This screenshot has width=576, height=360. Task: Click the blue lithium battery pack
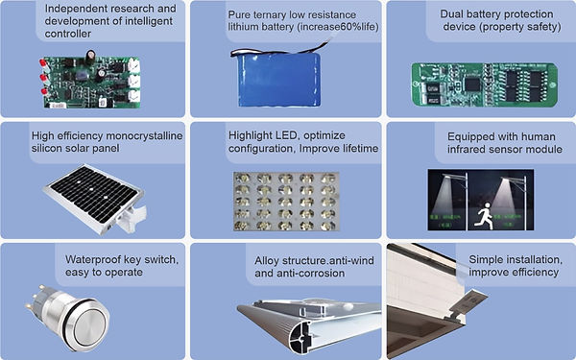(x=278, y=80)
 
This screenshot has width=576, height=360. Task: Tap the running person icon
(x=483, y=216)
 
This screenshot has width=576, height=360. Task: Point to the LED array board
(x=286, y=201)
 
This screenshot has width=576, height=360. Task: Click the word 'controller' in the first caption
(x=68, y=34)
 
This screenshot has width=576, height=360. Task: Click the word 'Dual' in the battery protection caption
(x=451, y=14)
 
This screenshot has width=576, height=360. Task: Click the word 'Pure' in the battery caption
(x=238, y=14)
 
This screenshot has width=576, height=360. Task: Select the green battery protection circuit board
(x=485, y=84)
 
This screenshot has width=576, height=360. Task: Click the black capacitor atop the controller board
(x=90, y=58)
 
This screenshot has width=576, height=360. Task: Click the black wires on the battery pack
(x=280, y=50)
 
